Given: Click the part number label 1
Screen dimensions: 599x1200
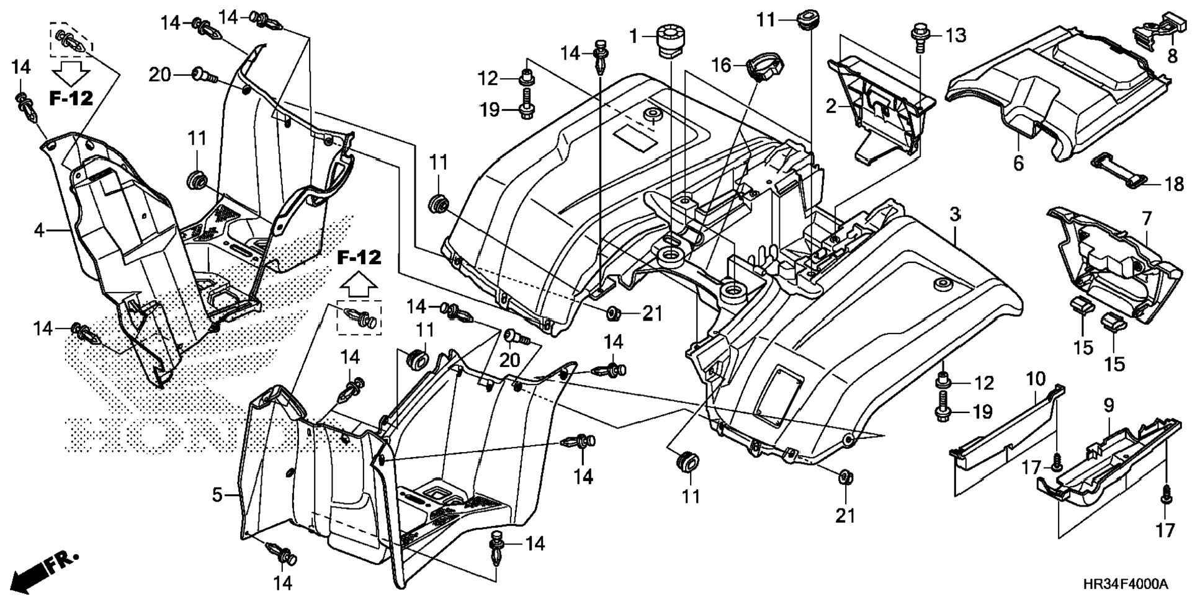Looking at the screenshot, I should tap(634, 37).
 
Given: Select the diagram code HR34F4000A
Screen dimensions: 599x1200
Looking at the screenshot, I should tap(1125, 584).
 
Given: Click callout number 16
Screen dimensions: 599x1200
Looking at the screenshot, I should tap(722, 64).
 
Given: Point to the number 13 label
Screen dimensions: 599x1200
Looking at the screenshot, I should tap(956, 36).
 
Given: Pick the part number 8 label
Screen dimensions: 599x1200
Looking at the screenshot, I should tap(1171, 56).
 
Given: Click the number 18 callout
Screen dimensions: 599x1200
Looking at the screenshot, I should tap(1174, 184).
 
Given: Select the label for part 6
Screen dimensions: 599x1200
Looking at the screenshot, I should tap(1018, 164).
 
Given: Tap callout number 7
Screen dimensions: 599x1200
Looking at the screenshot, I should tap(1147, 219).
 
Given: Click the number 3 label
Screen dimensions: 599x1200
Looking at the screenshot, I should tap(955, 215).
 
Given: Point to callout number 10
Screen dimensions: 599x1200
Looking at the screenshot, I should tap(1036, 379).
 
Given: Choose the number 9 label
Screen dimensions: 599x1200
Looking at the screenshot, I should tap(1109, 406).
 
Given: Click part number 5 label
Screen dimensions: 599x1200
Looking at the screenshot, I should tap(217, 495).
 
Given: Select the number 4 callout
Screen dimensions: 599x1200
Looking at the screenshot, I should tap(40, 231).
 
